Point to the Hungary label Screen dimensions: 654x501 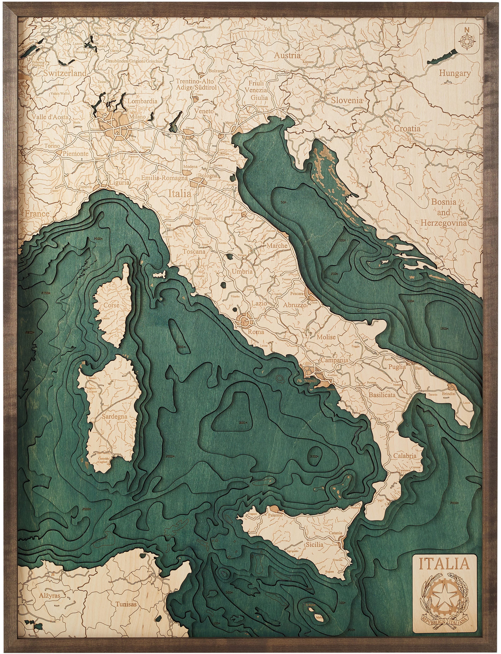(x=455, y=73)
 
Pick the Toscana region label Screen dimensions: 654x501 (x=194, y=251)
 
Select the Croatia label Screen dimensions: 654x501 (x=407, y=129)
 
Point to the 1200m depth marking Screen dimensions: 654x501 (x=444, y=329)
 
